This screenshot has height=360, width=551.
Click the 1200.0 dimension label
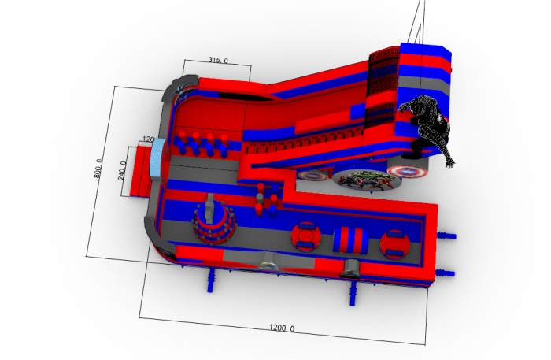(282, 328)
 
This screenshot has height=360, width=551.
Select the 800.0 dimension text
(98, 168)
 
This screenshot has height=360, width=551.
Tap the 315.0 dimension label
(218, 60)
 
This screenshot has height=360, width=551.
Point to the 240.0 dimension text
(123, 170)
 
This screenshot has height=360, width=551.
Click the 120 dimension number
(148, 139)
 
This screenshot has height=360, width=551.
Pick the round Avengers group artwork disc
(367, 180)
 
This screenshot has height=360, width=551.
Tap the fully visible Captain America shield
(408, 172)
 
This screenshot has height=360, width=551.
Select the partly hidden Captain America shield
(312, 175)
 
